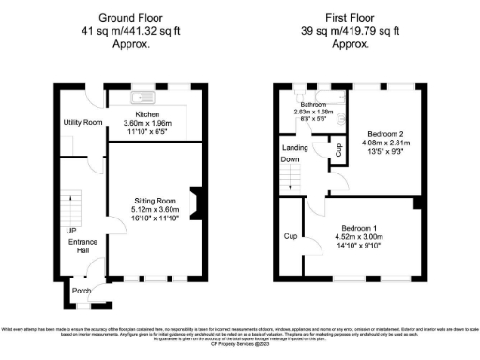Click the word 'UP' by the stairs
pos(70,231)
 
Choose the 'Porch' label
pos(82,291)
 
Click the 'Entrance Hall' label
pos(80,247)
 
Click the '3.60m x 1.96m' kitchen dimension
pos(151,123)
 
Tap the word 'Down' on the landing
pos(291,158)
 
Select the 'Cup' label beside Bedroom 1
pos(291,236)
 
